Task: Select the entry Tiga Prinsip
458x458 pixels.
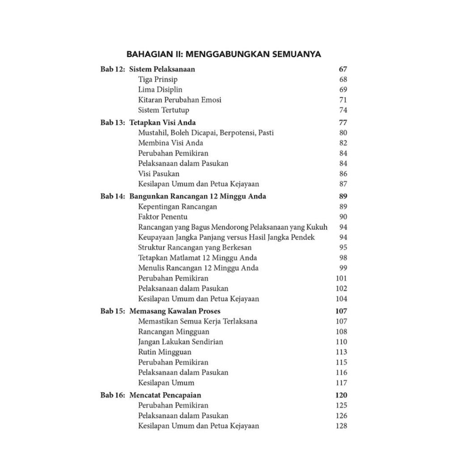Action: coord(158,80)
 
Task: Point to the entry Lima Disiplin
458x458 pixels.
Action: coord(160,89)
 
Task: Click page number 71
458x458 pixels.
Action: coord(343,100)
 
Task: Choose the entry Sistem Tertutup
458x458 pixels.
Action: coord(164,110)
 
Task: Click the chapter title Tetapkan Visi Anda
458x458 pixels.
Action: coord(163,123)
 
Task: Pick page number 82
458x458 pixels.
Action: coord(343,143)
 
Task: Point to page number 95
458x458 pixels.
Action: coord(343,247)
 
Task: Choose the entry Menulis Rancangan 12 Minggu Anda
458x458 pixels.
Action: coord(199,268)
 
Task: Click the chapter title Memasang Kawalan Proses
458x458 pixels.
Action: coord(175,311)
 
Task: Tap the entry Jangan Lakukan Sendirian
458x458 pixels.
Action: coord(181,342)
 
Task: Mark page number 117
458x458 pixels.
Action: coord(341,383)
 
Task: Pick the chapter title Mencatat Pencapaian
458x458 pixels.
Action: coord(165,395)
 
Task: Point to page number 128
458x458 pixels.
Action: coord(341,426)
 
